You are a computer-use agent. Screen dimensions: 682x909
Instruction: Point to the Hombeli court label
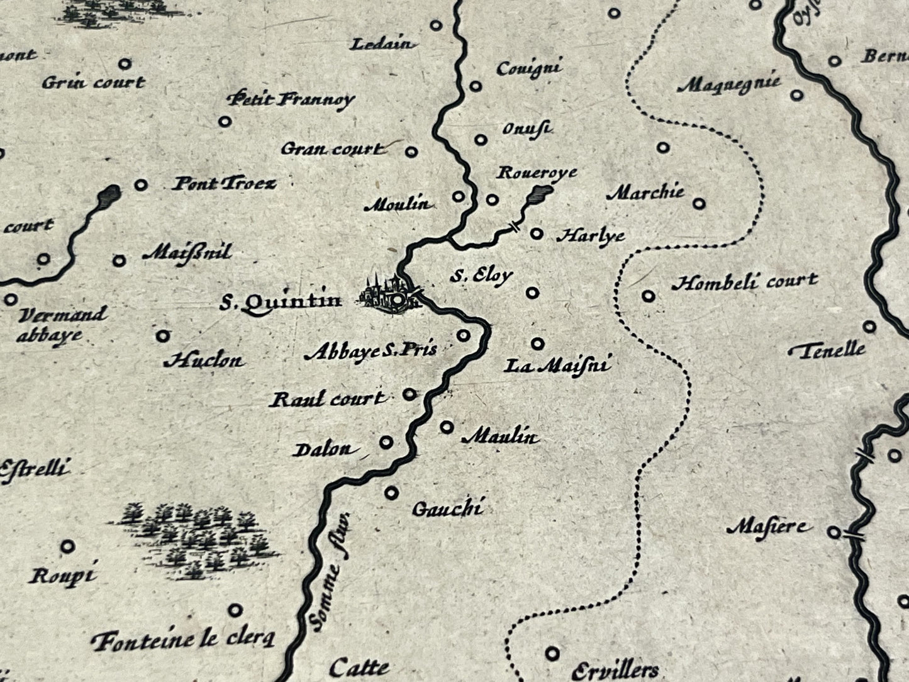[744, 282]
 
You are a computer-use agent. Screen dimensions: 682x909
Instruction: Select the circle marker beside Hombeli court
[649, 295]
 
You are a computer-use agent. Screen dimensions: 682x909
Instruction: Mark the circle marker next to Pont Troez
[142, 184]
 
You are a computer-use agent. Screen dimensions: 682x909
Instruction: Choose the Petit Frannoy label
[291, 99]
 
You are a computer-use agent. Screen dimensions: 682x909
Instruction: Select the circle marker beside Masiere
[834, 532]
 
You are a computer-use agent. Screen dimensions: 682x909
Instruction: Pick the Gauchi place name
[447, 508]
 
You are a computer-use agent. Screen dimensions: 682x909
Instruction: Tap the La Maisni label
[557, 365]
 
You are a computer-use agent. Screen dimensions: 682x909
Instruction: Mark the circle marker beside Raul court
[409, 394]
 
